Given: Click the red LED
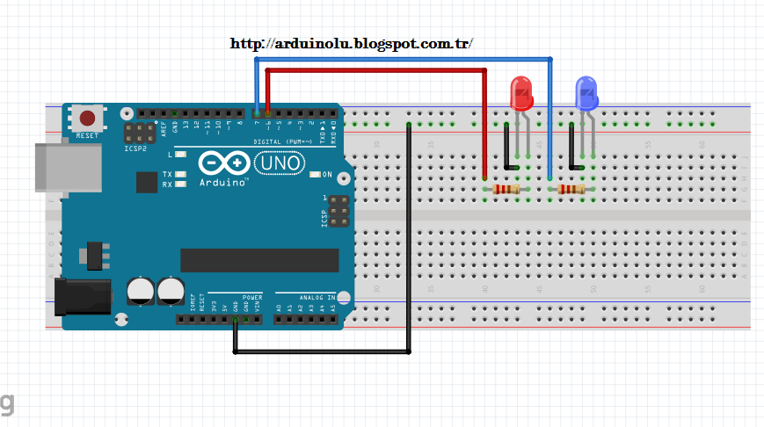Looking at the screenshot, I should tap(521, 93).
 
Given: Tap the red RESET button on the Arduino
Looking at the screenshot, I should tap(87, 118).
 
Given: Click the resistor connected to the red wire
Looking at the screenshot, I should tap(506, 189).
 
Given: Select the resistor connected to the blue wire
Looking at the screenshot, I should tap(571, 189).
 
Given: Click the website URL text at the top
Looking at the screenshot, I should tap(352, 43).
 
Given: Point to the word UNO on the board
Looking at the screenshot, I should tap(280, 163).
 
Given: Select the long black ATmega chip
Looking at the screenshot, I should tap(259, 260).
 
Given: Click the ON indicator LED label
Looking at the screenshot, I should tap(327, 174).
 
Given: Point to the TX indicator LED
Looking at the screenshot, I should tap(180, 174).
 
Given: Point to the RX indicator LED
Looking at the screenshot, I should tap(180, 185).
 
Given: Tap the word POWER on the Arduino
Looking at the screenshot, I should tap(252, 297).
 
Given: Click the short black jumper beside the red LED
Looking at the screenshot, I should tap(507, 147).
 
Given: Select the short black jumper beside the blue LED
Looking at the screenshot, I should tap(573, 147).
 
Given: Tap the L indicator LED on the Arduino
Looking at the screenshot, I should tap(180, 155).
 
